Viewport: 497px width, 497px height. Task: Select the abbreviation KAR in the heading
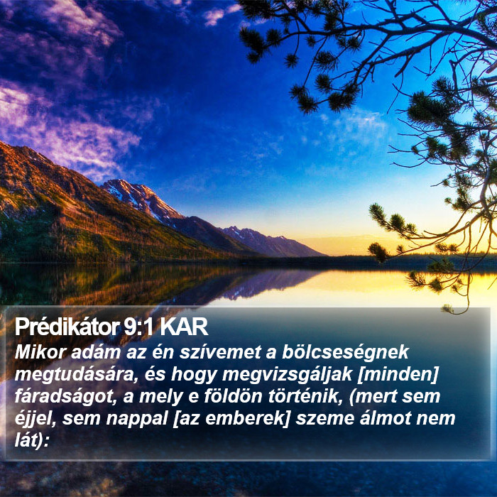click(183, 327)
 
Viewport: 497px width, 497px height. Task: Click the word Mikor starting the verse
click(40, 352)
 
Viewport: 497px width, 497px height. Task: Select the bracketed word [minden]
click(398, 375)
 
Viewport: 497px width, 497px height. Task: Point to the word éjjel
click(35, 419)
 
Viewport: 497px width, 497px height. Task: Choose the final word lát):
click(32, 440)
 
